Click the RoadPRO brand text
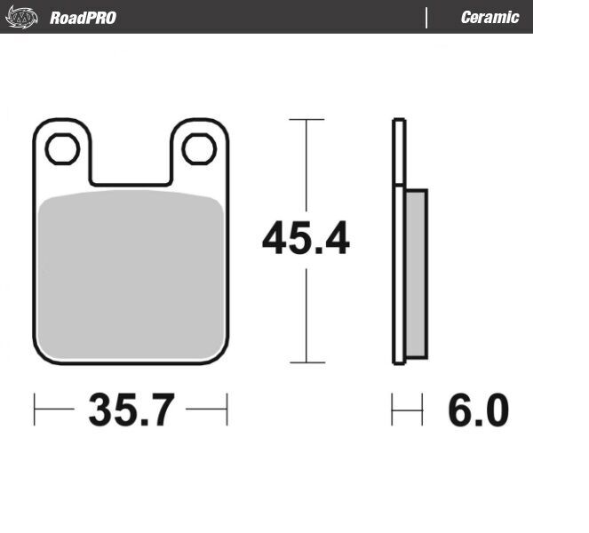point(83,18)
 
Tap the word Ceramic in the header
point(490,17)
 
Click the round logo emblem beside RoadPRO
point(22,17)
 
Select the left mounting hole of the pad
point(62,148)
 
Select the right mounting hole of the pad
point(199,148)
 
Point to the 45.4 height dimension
point(306,238)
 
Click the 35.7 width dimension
point(131,410)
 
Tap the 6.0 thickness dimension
point(479,410)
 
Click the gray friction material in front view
point(131,275)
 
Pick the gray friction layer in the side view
point(416,274)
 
